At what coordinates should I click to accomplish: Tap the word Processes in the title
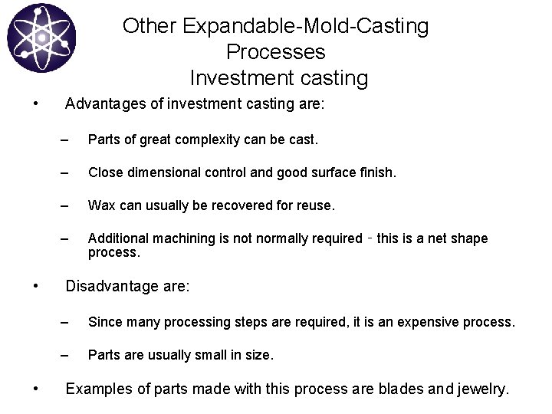point(276,52)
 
